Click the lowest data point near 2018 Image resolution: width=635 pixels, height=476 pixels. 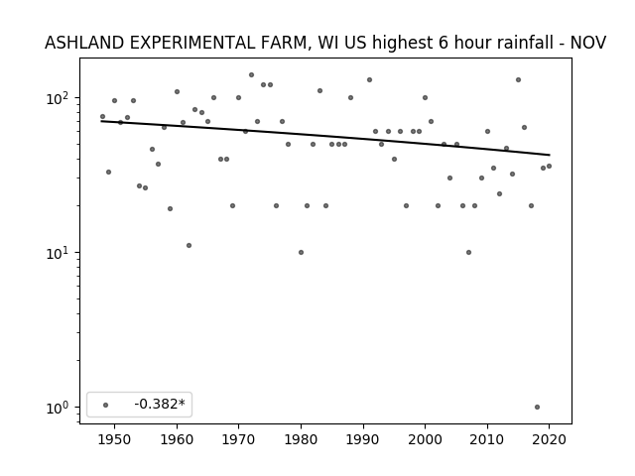pos(537,408)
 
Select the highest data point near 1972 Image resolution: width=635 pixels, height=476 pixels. pos(251,75)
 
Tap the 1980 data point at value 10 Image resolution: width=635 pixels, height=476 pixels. pos(301,253)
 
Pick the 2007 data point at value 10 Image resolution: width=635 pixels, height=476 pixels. pos(468,253)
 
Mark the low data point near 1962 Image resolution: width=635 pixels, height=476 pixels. pos(190,246)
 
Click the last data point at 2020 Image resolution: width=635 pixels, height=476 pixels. pos(549,167)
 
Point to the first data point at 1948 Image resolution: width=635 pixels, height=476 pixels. pos(102,117)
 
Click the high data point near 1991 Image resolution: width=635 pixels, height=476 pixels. pos(369,80)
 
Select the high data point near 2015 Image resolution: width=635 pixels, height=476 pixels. pos(518,80)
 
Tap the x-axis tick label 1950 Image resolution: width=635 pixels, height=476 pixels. pos(114,439)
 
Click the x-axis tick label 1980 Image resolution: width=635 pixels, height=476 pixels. pos(301,439)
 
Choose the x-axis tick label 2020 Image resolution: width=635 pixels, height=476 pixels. pos(549,439)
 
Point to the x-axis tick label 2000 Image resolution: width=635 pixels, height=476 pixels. pos(425,439)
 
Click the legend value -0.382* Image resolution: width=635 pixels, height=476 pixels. pos(160,404)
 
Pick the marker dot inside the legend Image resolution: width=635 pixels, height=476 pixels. pos(106,406)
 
